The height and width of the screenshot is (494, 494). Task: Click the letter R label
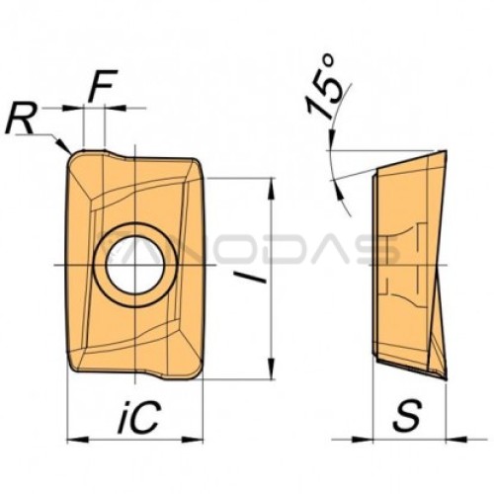point(21,119)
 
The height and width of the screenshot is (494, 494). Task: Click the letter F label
point(103,85)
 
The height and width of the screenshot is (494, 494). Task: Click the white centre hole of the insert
point(134,265)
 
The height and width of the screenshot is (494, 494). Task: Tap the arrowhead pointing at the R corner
point(62,145)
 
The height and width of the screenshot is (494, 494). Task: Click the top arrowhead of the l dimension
point(271,189)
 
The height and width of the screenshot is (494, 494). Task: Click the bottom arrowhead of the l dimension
point(271,369)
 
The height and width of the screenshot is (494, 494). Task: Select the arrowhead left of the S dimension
point(363,439)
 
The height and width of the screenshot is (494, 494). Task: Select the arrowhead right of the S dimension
point(456,439)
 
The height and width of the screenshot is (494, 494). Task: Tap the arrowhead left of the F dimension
point(73,108)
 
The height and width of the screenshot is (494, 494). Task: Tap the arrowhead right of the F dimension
point(116,108)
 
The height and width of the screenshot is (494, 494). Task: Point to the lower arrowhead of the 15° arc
point(339,190)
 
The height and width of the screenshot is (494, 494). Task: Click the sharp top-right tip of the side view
point(446,151)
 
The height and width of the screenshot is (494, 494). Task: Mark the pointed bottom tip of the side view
point(446,380)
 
